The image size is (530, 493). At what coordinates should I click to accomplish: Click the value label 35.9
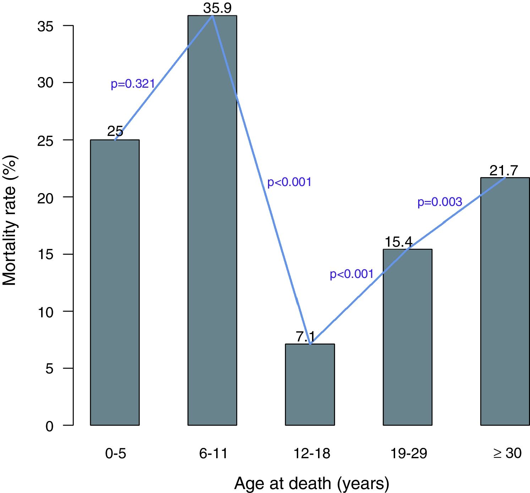click(x=217, y=8)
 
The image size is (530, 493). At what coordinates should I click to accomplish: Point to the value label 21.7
click(x=504, y=171)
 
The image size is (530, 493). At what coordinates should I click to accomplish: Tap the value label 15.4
click(x=398, y=242)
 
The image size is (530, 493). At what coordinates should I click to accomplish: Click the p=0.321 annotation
click(x=133, y=84)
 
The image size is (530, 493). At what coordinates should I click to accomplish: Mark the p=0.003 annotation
click(x=439, y=202)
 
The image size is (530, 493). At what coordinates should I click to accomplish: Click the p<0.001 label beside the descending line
click(x=289, y=182)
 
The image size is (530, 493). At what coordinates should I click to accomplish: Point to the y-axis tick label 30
click(x=45, y=83)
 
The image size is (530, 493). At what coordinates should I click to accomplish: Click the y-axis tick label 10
click(x=45, y=312)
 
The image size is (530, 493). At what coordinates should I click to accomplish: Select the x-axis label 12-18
click(x=312, y=453)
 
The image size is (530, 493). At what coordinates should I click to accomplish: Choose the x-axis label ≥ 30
click(x=507, y=453)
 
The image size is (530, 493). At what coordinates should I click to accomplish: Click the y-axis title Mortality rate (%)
click(x=10, y=220)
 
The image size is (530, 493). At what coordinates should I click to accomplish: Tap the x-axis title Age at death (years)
click(x=312, y=483)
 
